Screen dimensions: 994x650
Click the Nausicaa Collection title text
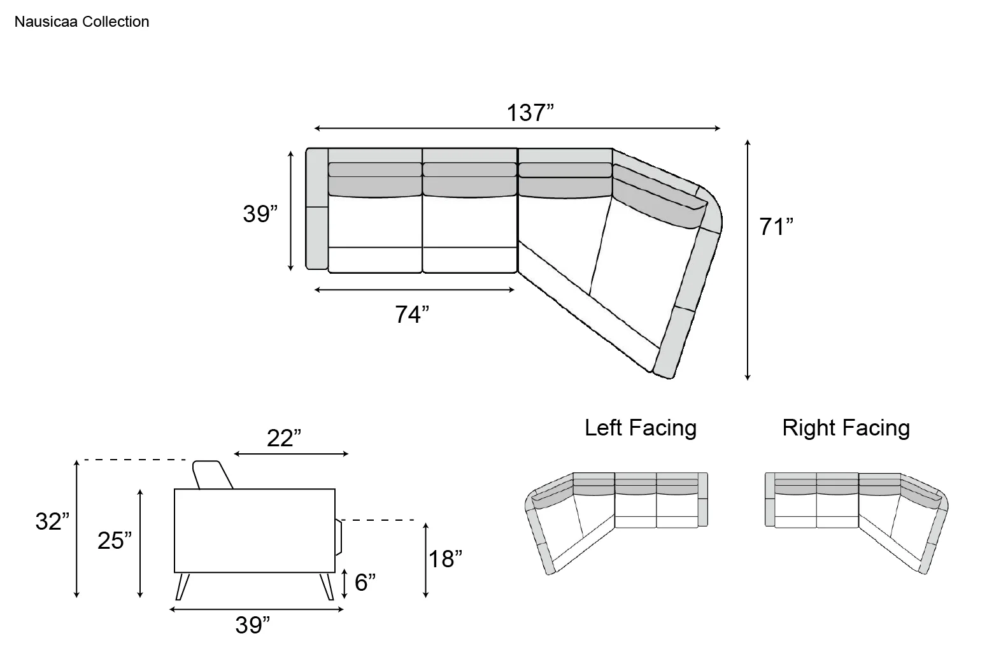pos(82,22)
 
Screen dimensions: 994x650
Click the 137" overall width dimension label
pos(530,113)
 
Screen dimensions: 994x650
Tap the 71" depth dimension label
pos(776,227)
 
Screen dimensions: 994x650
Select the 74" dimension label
pos(412,314)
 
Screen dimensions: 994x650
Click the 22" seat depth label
pos(284,438)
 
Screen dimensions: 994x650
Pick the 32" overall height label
pos(52,521)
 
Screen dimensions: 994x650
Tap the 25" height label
pos(115,540)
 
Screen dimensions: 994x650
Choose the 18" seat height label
pos(445,558)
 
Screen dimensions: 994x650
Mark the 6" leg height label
pos(366,582)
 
